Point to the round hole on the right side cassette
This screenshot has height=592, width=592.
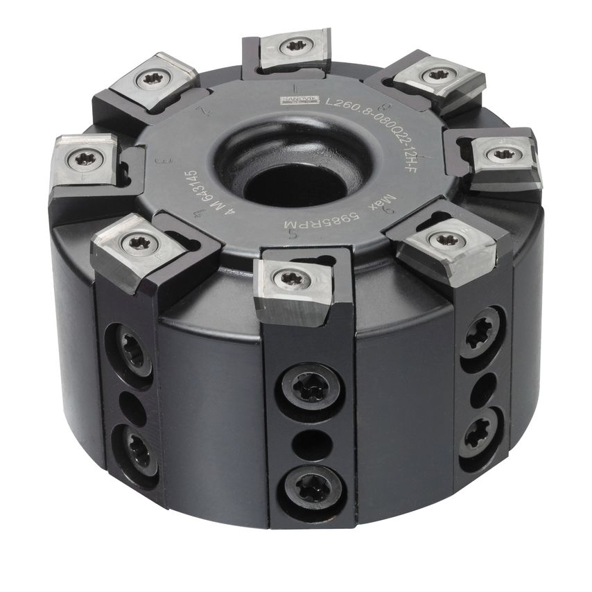[479, 387]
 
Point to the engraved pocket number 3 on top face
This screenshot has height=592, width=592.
[164, 161]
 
